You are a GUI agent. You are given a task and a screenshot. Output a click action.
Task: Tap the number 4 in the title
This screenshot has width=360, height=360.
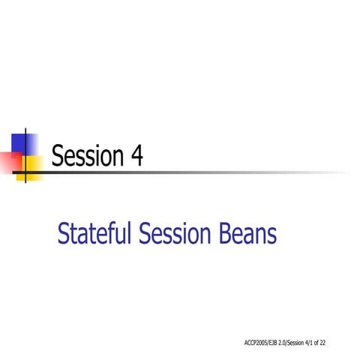[136, 156]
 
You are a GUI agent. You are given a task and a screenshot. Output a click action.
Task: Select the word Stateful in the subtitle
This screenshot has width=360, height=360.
[94, 235]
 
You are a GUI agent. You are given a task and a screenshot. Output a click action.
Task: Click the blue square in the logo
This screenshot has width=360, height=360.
[25, 143]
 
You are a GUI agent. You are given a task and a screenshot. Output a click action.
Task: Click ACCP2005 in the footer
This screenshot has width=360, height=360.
[256, 343]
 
